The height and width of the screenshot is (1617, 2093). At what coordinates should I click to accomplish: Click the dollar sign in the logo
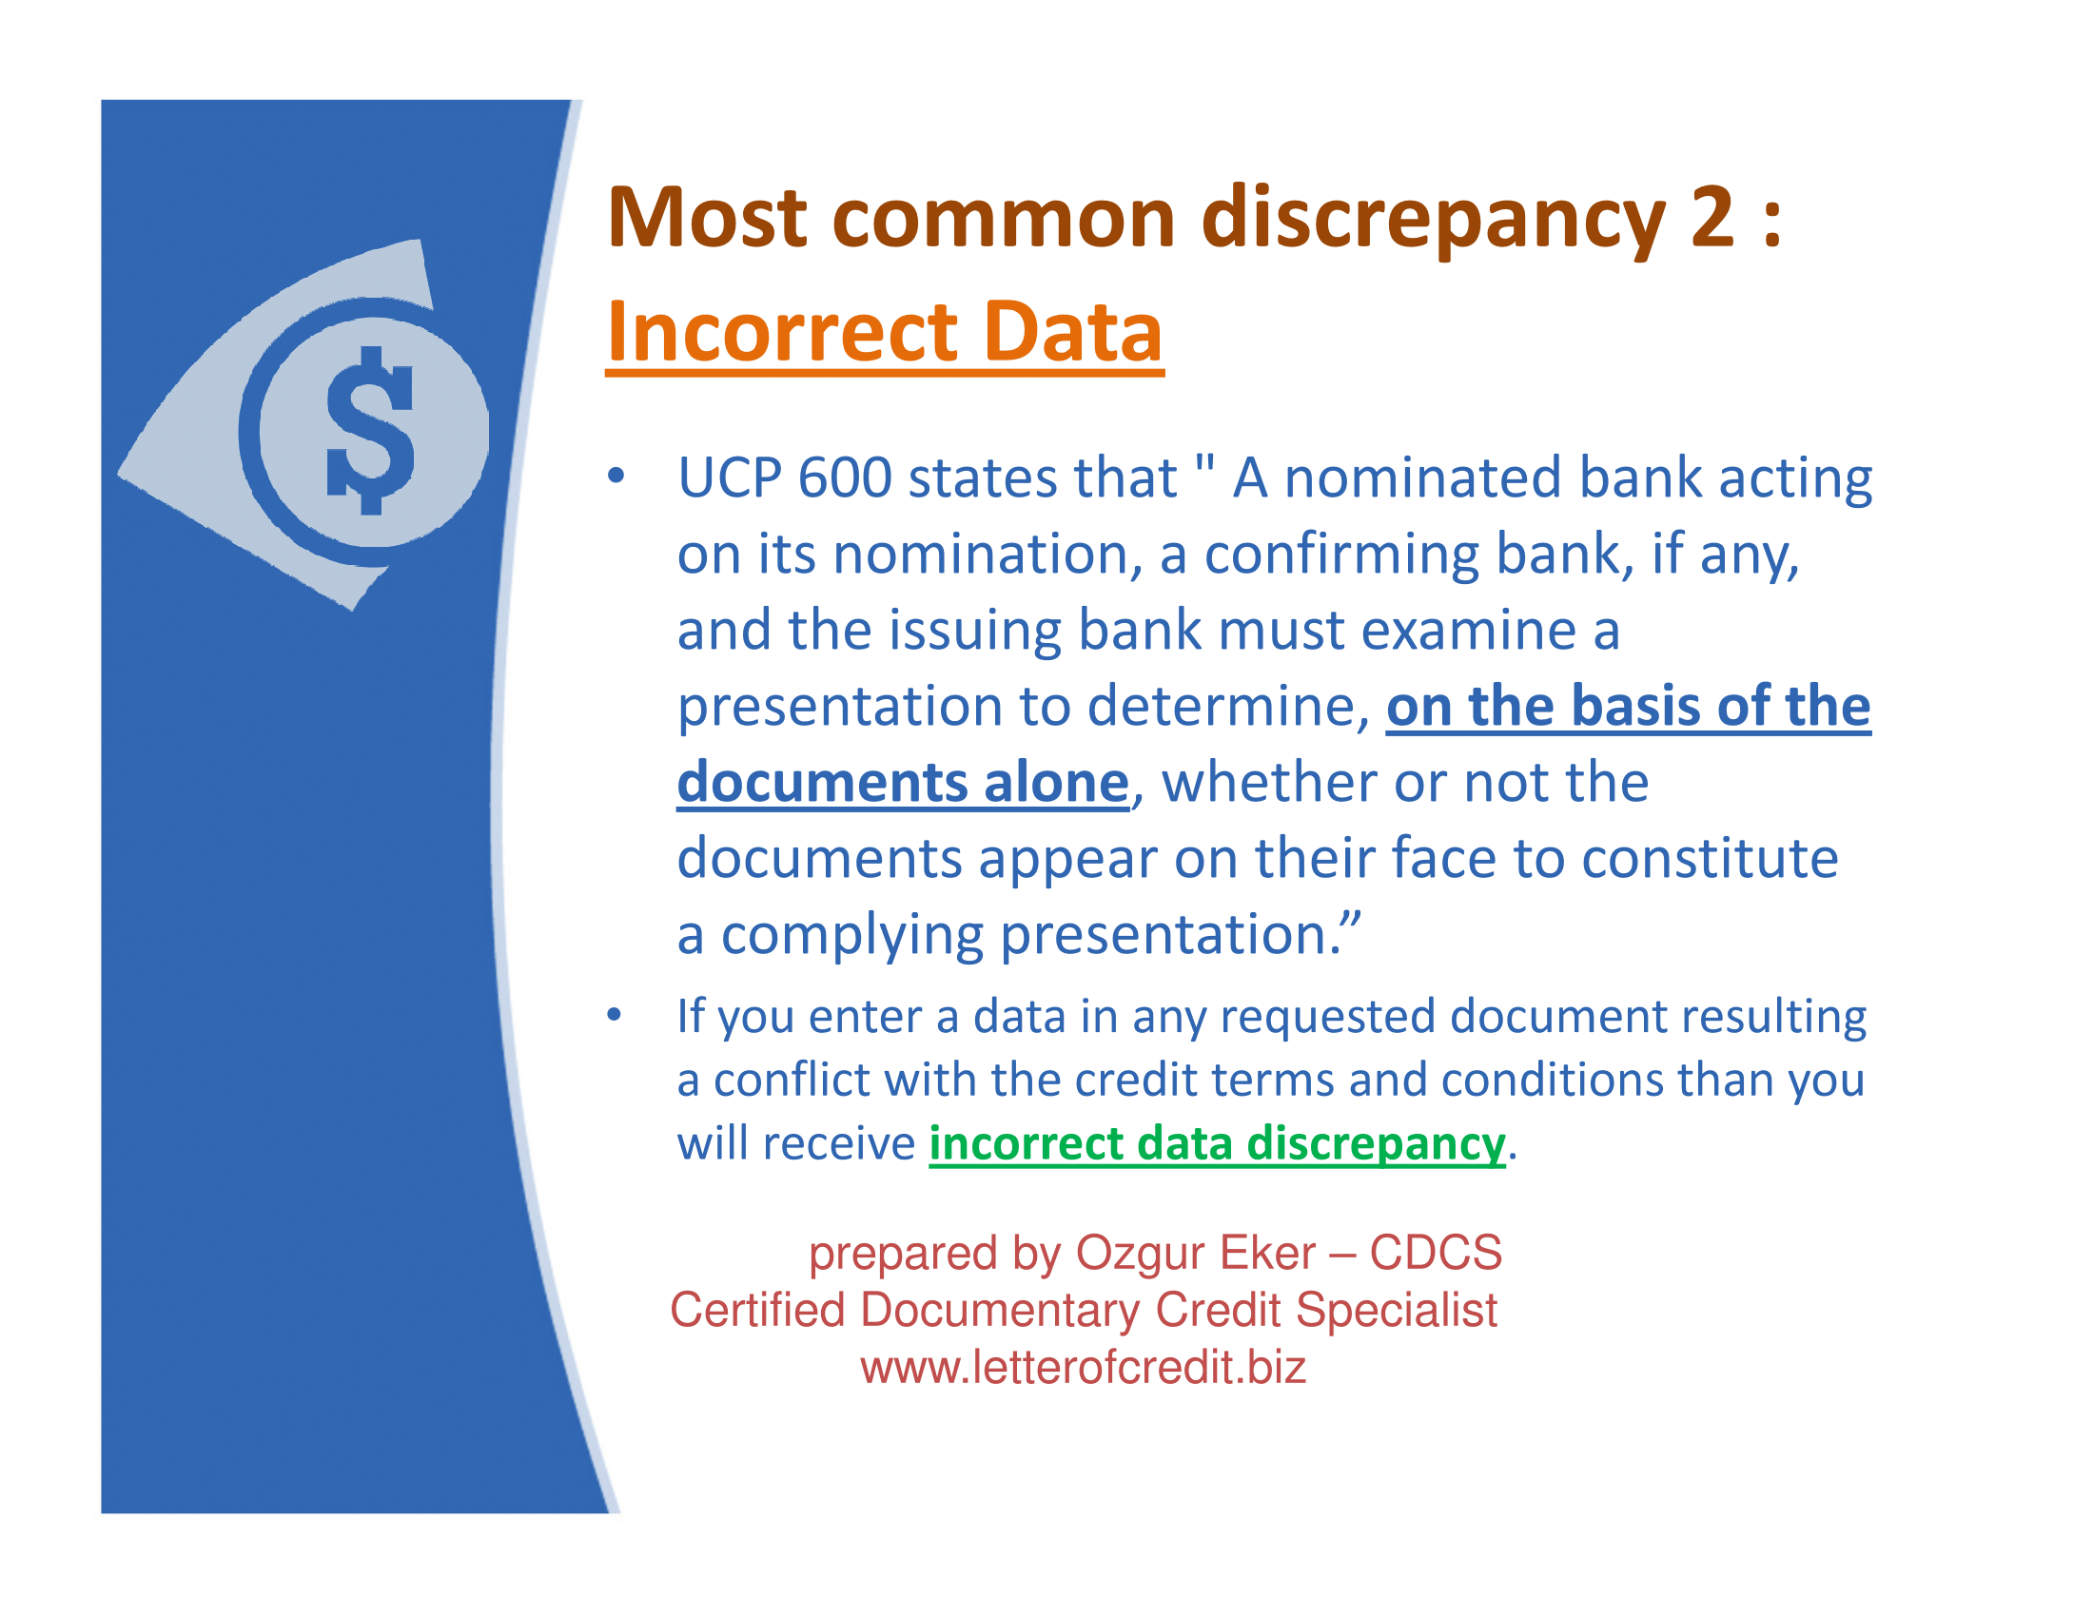(370, 430)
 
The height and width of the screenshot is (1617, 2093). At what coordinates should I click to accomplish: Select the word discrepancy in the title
(1434, 221)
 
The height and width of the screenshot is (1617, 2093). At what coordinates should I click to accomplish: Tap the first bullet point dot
(616, 477)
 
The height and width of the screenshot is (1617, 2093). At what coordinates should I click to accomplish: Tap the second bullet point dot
(615, 1015)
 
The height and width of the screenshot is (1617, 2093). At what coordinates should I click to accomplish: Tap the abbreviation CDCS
(1436, 1252)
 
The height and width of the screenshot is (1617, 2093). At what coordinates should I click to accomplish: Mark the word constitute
(1710, 858)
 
